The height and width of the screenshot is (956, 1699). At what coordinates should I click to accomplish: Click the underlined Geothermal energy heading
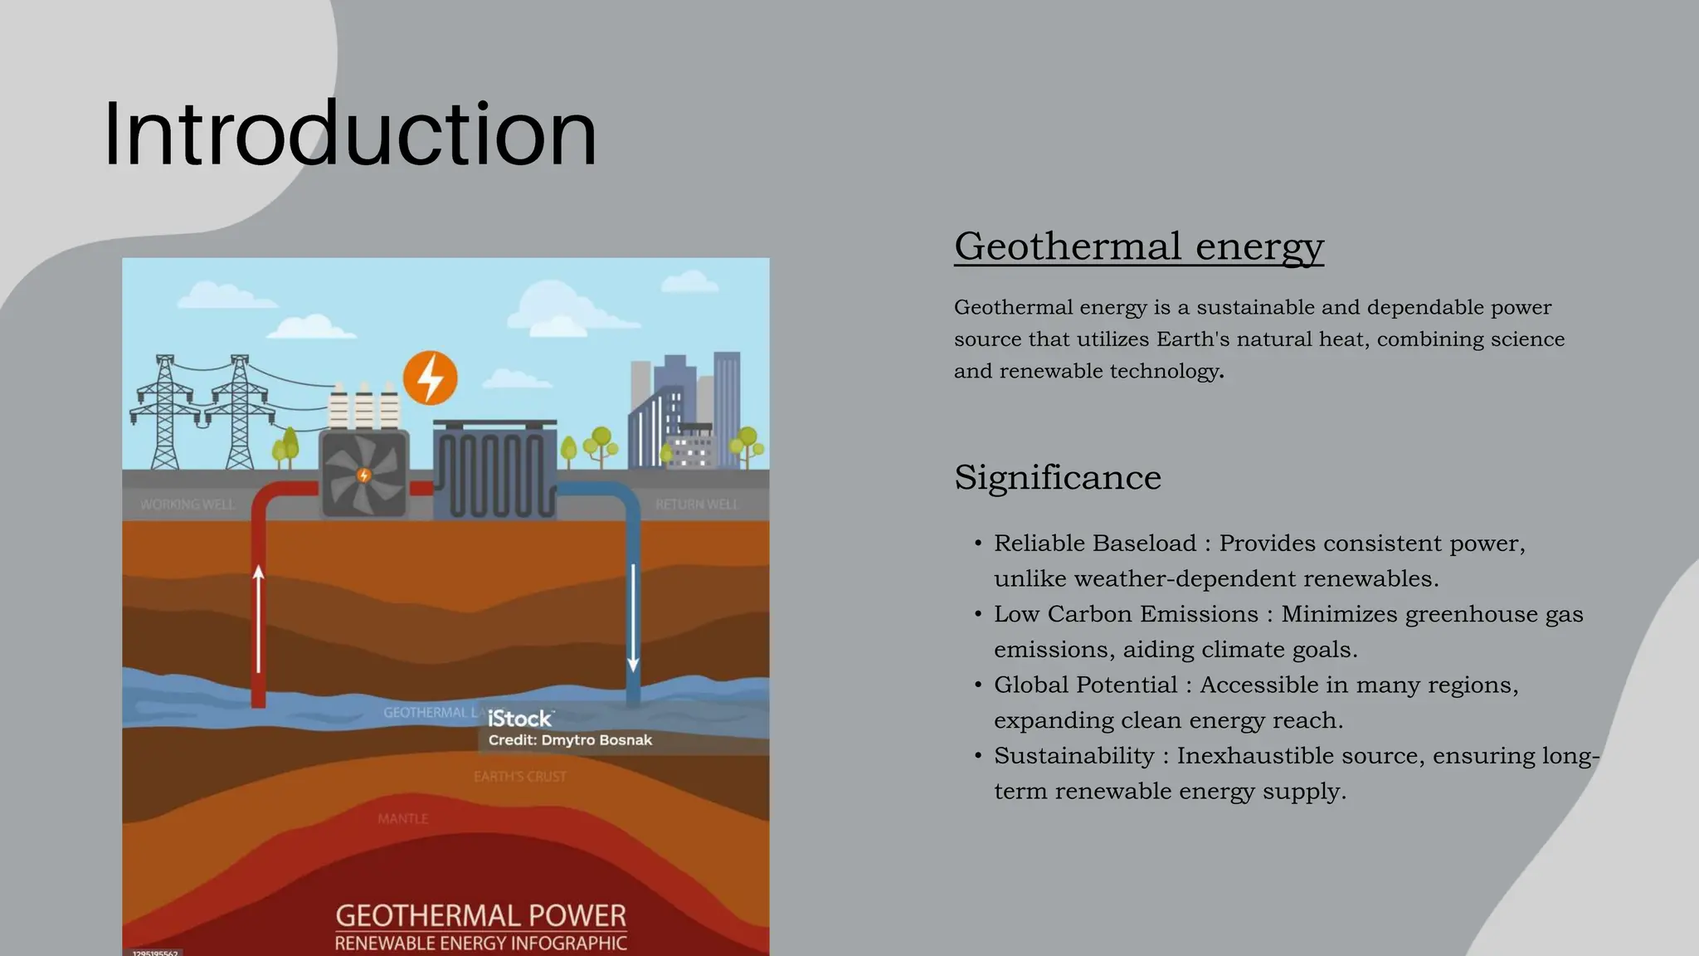(1138, 246)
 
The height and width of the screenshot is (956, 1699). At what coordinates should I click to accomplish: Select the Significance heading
(1057, 477)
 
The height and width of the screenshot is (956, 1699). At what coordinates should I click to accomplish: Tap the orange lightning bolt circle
(430, 378)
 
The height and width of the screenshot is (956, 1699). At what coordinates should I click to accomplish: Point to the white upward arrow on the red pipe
(259, 618)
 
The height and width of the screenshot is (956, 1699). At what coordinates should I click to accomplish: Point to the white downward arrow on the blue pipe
(633, 618)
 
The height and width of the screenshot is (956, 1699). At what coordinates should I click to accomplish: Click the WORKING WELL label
(188, 505)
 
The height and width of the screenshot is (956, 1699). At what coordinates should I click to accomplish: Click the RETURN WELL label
(696, 505)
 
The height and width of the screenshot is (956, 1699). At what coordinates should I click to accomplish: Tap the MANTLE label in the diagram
(403, 819)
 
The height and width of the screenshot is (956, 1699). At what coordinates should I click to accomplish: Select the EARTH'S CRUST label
(520, 777)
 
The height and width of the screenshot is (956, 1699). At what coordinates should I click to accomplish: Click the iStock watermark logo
(520, 719)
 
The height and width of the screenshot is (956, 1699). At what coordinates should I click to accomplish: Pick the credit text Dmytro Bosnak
(596, 740)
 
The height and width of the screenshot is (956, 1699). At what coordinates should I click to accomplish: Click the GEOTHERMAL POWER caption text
(480, 916)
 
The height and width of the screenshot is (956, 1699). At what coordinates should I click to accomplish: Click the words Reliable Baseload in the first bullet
(1095, 544)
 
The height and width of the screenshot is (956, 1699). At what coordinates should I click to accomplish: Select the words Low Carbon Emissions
(1126, 614)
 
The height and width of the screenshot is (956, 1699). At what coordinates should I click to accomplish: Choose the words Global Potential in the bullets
(1085, 685)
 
